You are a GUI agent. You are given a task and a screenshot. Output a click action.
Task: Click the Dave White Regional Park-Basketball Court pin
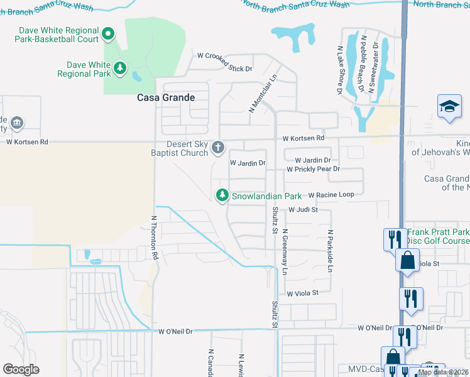[107, 34]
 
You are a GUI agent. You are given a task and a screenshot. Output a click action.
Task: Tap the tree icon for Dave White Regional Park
[119, 67]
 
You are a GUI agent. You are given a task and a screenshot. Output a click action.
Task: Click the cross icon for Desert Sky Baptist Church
[218, 148]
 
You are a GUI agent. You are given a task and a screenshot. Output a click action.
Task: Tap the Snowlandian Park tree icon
[222, 196]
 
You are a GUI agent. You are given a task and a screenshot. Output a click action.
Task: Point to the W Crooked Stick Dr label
[224, 68]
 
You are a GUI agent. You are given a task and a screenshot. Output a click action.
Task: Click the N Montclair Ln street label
[263, 94]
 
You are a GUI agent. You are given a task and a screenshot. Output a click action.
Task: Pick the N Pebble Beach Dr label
[363, 63]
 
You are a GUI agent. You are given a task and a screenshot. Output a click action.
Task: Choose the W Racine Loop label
[331, 195]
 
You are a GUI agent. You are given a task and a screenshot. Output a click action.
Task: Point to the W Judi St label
[303, 210]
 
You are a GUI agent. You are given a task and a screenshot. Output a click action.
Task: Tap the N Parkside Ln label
[329, 251]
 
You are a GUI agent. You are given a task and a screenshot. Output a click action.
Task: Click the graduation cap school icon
[450, 107]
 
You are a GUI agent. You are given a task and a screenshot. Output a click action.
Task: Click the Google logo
[21, 369]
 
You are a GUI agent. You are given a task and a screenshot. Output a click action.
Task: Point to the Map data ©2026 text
[442, 372]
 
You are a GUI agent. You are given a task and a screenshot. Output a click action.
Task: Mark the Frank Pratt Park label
[437, 232]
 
